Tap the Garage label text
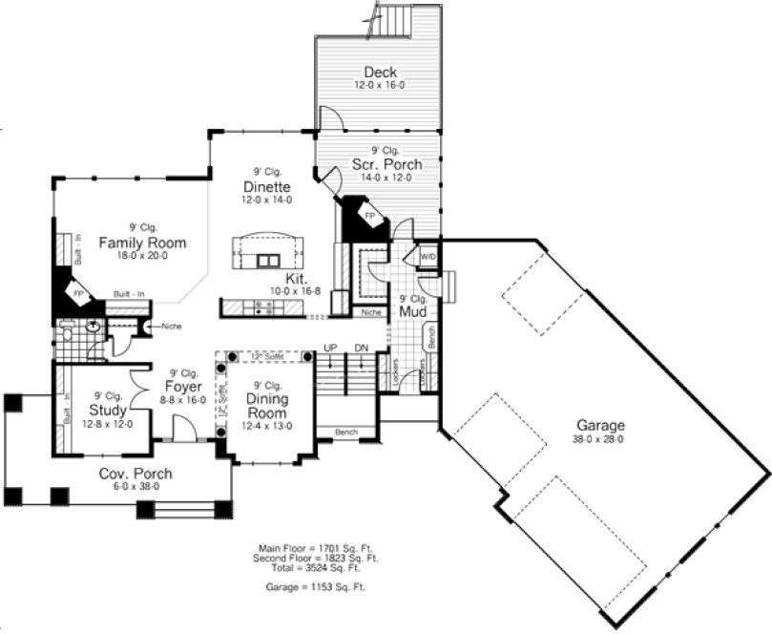click(599, 426)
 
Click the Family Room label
click(141, 243)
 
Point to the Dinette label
click(267, 187)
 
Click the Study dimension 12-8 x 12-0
click(108, 424)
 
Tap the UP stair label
click(330, 347)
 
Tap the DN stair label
click(361, 347)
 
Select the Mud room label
click(412, 310)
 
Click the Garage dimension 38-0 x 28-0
click(599, 439)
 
